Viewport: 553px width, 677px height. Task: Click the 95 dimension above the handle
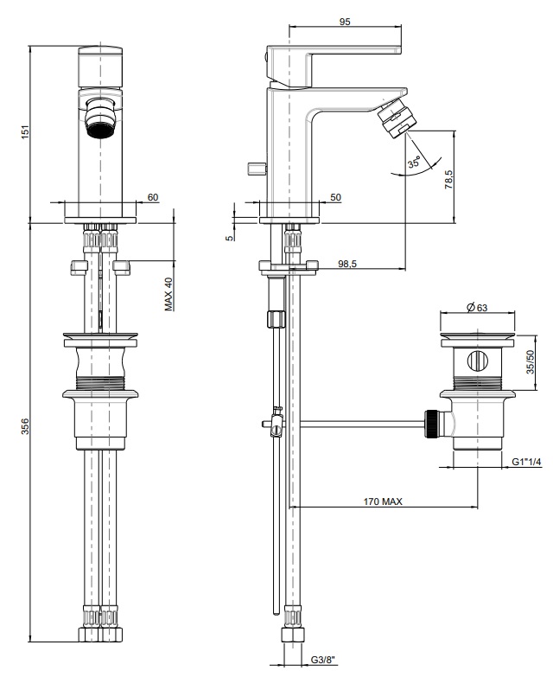345,21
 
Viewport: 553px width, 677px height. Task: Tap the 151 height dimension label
25,132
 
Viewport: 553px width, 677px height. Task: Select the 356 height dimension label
25,426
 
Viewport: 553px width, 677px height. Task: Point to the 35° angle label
414,162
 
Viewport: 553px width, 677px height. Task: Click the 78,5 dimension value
449,179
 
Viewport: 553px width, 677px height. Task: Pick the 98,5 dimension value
347,264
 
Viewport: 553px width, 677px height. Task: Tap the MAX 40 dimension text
168,294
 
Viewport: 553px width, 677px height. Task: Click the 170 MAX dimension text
383,501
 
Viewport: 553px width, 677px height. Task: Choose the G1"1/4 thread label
526,462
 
